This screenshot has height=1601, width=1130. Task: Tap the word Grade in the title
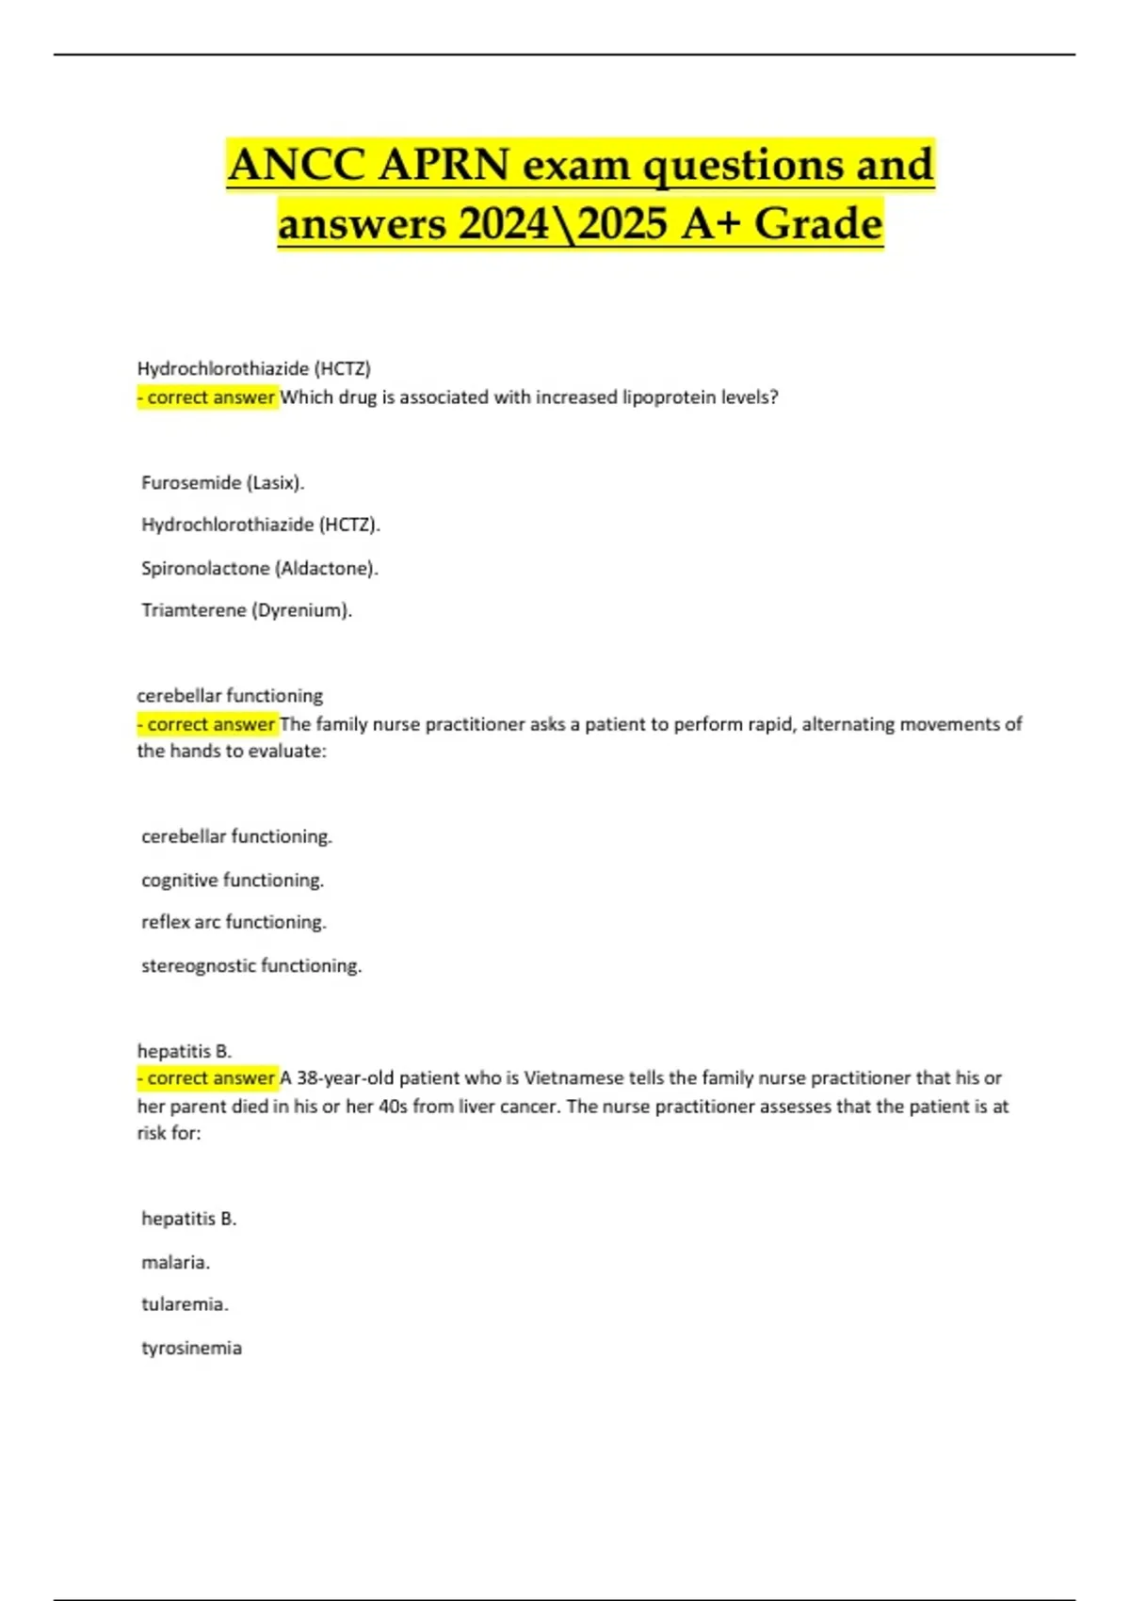click(x=818, y=224)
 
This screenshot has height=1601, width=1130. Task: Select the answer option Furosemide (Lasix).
click(x=223, y=482)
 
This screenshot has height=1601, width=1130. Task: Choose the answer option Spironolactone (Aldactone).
click(x=260, y=568)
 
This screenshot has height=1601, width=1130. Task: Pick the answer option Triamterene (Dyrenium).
click(x=247, y=610)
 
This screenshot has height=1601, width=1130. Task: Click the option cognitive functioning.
click(x=233, y=880)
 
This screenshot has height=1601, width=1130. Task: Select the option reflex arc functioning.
click(x=234, y=922)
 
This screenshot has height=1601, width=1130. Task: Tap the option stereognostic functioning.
click(x=251, y=965)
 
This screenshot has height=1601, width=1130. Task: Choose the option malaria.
click(x=176, y=1262)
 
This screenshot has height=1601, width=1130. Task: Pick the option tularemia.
click(x=186, y=1304)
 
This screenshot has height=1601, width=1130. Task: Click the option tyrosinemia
click(x=192, y=1348)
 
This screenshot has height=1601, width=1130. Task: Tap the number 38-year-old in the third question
click(x=345, y=1077)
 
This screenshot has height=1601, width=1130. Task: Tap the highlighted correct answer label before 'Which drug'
click(x=208, y=397)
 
